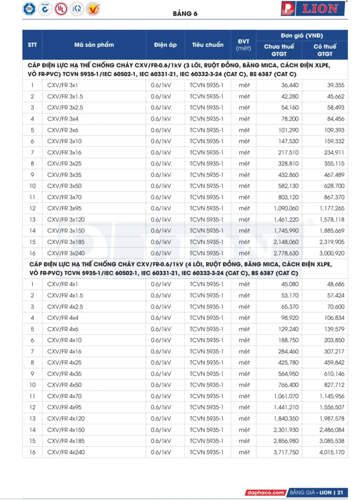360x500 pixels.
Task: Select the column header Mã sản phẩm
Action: tap(94, 45)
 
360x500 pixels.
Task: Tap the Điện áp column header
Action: tap(165, 45)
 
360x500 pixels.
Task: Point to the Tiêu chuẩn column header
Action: tap(208, 45)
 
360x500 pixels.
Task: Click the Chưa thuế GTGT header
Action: tap(279, 50)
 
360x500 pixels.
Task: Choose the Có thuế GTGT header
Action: tap(325, 50)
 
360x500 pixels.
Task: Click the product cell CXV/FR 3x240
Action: tap(66, 253)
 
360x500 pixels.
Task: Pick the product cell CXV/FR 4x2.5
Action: tap(66, 307)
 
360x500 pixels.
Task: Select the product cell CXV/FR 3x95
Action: tap(64, 208)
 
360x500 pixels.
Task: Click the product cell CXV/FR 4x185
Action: tap(66, 441)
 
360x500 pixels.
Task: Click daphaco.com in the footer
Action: tap(265, 492)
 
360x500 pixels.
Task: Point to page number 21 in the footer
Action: tap(340, 492)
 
